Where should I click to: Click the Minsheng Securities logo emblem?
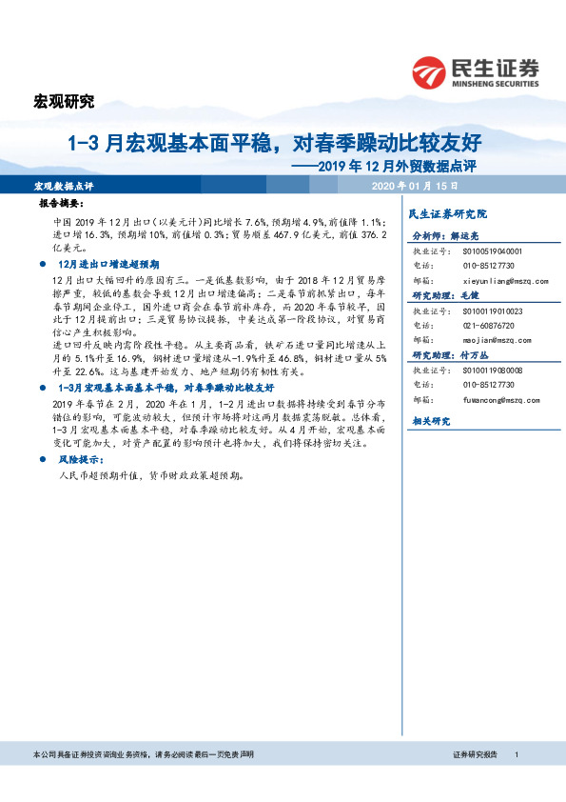coord(431,71)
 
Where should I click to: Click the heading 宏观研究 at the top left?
coord(64,101)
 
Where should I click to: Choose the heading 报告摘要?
coord(61,204)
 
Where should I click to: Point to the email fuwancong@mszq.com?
coord(502,400)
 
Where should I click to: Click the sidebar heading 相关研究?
coord(430,420)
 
